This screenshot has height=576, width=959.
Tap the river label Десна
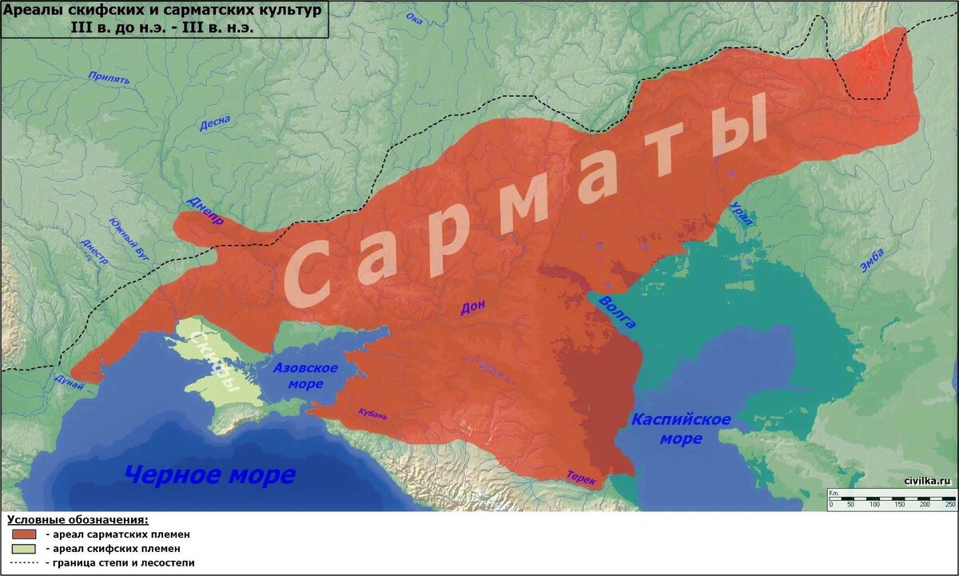pos(214,125)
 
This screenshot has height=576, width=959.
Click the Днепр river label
pos(205,210)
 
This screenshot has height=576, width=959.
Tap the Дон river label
pos(472,308)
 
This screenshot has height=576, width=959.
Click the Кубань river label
pos(373,414)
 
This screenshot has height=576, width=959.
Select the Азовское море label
pos(305,375)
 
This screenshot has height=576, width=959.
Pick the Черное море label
pos(209,474)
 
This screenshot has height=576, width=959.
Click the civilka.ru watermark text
pos(927,480)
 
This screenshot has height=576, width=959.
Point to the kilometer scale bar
pos(892,502)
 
